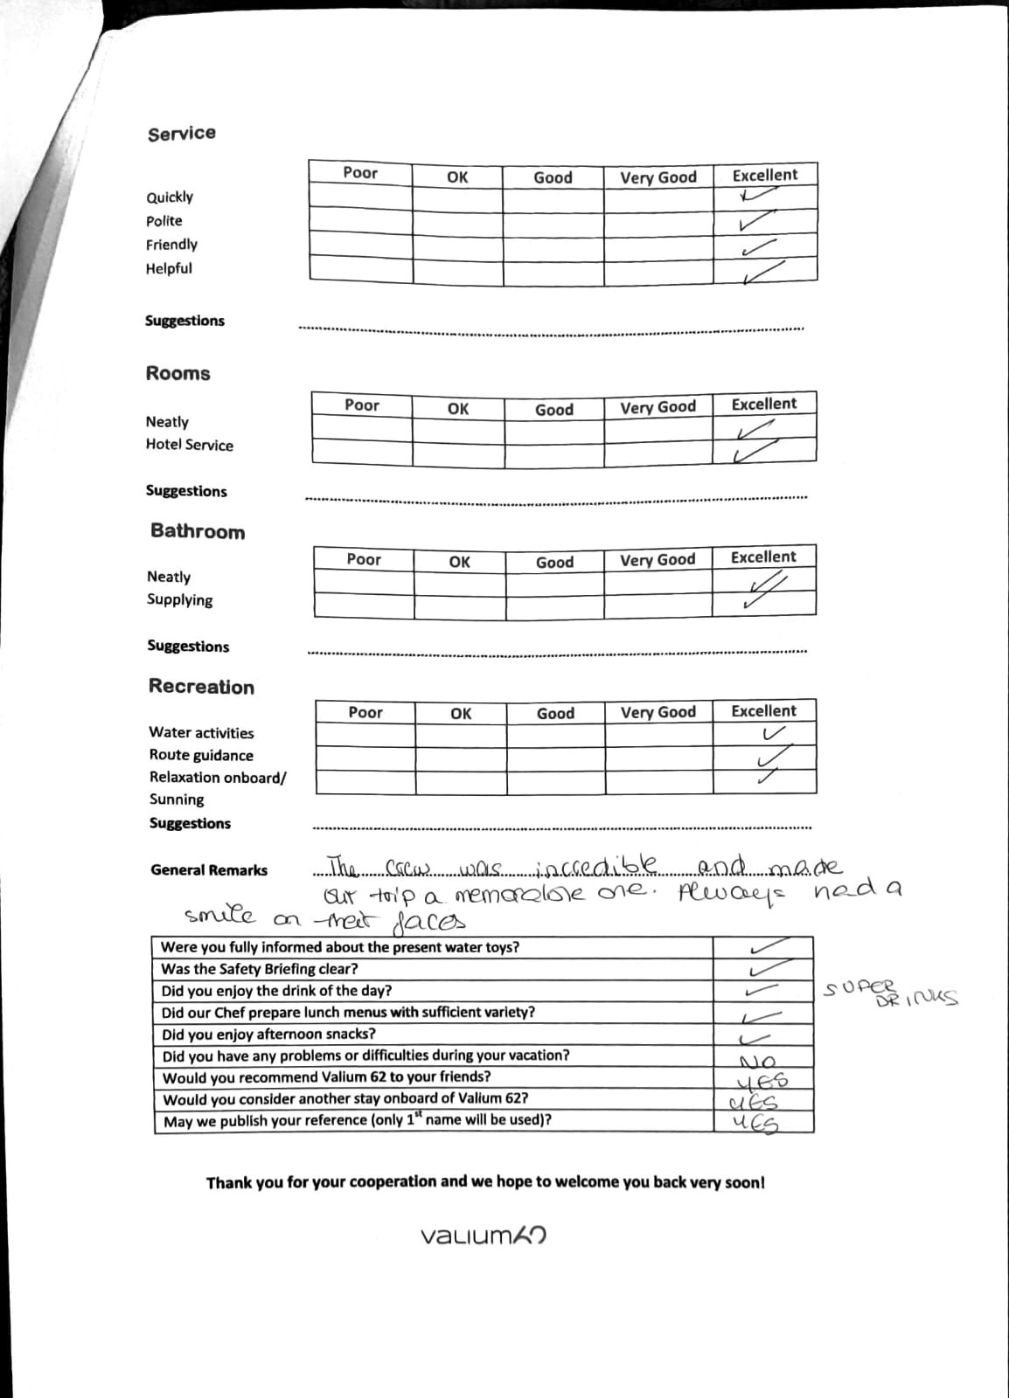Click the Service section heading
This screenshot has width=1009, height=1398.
coord(182,134)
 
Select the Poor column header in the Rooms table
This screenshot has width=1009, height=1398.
coord(362,405)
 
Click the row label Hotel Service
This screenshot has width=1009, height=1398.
coord(190,445)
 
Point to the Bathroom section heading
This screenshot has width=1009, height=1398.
coord(198,532)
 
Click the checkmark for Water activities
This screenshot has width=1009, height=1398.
coord(774,733)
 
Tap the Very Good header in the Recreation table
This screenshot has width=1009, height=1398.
coord(658,713)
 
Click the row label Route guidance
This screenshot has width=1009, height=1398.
coord(201,755)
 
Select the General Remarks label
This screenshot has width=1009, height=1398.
coord(209,870)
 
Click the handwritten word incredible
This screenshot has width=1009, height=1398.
coord(595,868)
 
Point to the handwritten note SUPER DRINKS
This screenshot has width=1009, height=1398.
coord(890,993)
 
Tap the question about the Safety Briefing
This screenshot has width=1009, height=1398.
coord(260,969)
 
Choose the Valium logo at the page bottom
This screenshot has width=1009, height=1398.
coord(484,1235)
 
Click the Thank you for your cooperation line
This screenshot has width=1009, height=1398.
coord(485,1182)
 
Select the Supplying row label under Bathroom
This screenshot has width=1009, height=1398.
coord(180,600)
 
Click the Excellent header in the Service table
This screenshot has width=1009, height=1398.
coord(765,175)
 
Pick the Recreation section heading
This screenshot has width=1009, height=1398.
coord(201,687)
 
